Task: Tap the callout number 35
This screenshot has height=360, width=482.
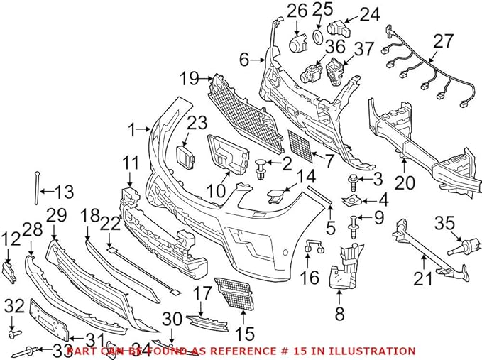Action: pos(443,223)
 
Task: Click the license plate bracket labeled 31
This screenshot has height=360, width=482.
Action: pos(49,320)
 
